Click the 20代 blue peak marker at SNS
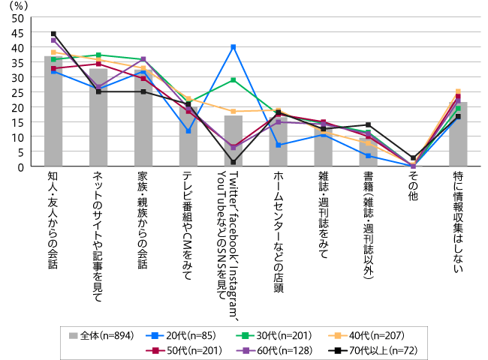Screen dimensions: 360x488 tap(233, 47)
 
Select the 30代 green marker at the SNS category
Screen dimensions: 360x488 tap(233, 79)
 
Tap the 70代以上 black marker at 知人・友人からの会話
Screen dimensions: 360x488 tap(53, 34)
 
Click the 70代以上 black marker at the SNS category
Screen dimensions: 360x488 tap(233, 162)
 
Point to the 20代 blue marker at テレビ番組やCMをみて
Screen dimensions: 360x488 tap(188, 131)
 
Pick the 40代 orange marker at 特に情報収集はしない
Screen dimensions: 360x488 tap(458, 91)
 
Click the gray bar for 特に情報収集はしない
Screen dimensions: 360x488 tap(458, 135)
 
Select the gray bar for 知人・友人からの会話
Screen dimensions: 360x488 tap(53, 112)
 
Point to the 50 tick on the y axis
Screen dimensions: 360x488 tap(17, 17)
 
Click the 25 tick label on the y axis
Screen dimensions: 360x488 tap(17, 92)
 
